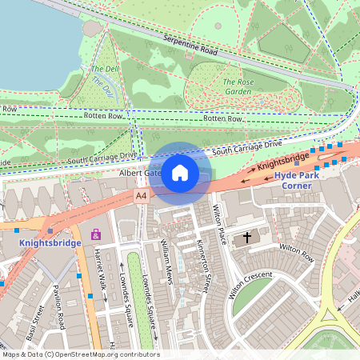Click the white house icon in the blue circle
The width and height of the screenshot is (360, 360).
coord(180,173)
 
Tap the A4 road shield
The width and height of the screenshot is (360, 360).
coord(142,195)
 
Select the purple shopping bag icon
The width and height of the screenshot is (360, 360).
coord(97,234)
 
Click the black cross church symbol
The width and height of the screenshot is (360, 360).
coord(247,238)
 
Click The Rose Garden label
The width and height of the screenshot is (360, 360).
coord(239,86)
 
